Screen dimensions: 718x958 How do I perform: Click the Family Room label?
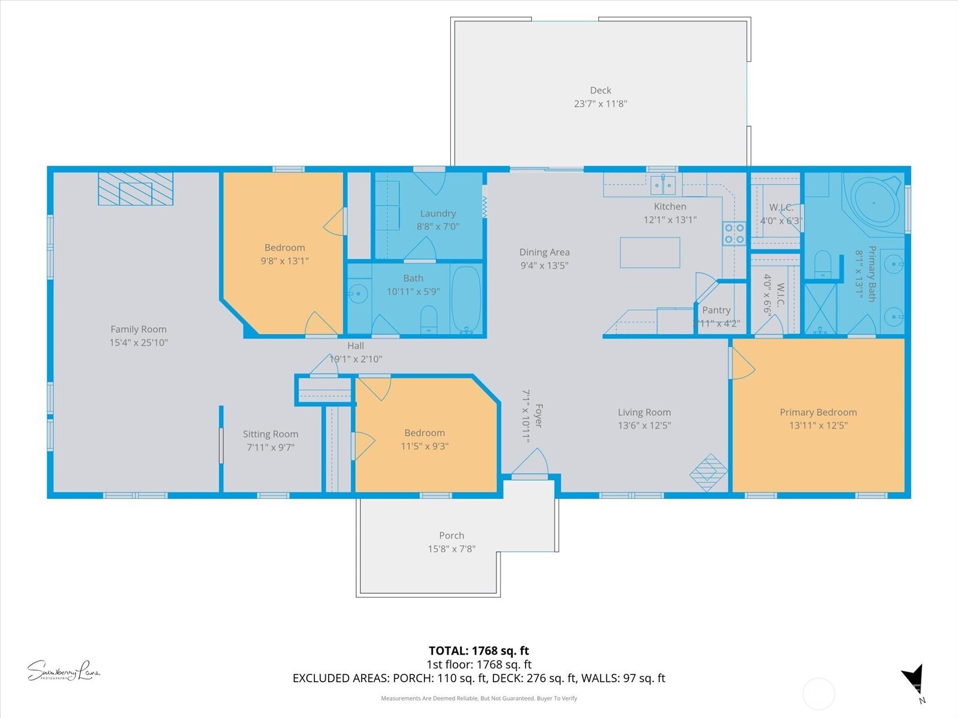click(x=138, y=329)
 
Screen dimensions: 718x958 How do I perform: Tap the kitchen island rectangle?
click(x=650, y=252)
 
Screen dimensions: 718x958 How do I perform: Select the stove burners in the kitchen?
click(x=734, y=233)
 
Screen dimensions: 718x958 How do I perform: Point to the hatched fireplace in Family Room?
click(x=136, y=189)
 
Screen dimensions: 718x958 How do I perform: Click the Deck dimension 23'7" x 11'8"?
click(x=601, y=104)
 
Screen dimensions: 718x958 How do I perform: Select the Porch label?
click(x=451, y=536)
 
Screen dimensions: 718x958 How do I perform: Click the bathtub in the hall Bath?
click(x=466, y=299)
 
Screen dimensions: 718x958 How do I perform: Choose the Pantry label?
click(x=716, y=310)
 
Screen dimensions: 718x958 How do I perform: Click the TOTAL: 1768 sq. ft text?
click(x=479, y=650)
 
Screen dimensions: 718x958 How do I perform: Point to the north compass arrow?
click(x=912, y=681)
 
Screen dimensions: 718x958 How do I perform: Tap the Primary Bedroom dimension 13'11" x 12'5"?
click(x=818, y=425)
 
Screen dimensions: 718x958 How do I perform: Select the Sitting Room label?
click(x=270, y=434)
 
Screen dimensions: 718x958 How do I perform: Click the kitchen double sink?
click(x=663, y=185)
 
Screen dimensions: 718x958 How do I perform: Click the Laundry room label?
click(x=438, y=213)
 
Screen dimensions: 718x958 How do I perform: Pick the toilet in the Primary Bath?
click(x=823, y=264)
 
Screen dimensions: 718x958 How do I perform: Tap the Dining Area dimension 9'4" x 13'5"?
click(x=544, y=266)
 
